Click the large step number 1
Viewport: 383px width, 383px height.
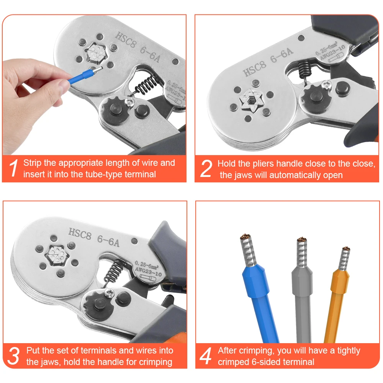click(14, 168)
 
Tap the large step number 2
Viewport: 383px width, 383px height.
click(206, 168)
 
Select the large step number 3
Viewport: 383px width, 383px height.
click(13, 356)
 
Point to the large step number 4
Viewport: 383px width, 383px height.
click(205, 356)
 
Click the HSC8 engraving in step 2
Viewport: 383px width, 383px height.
click(254, 69)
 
